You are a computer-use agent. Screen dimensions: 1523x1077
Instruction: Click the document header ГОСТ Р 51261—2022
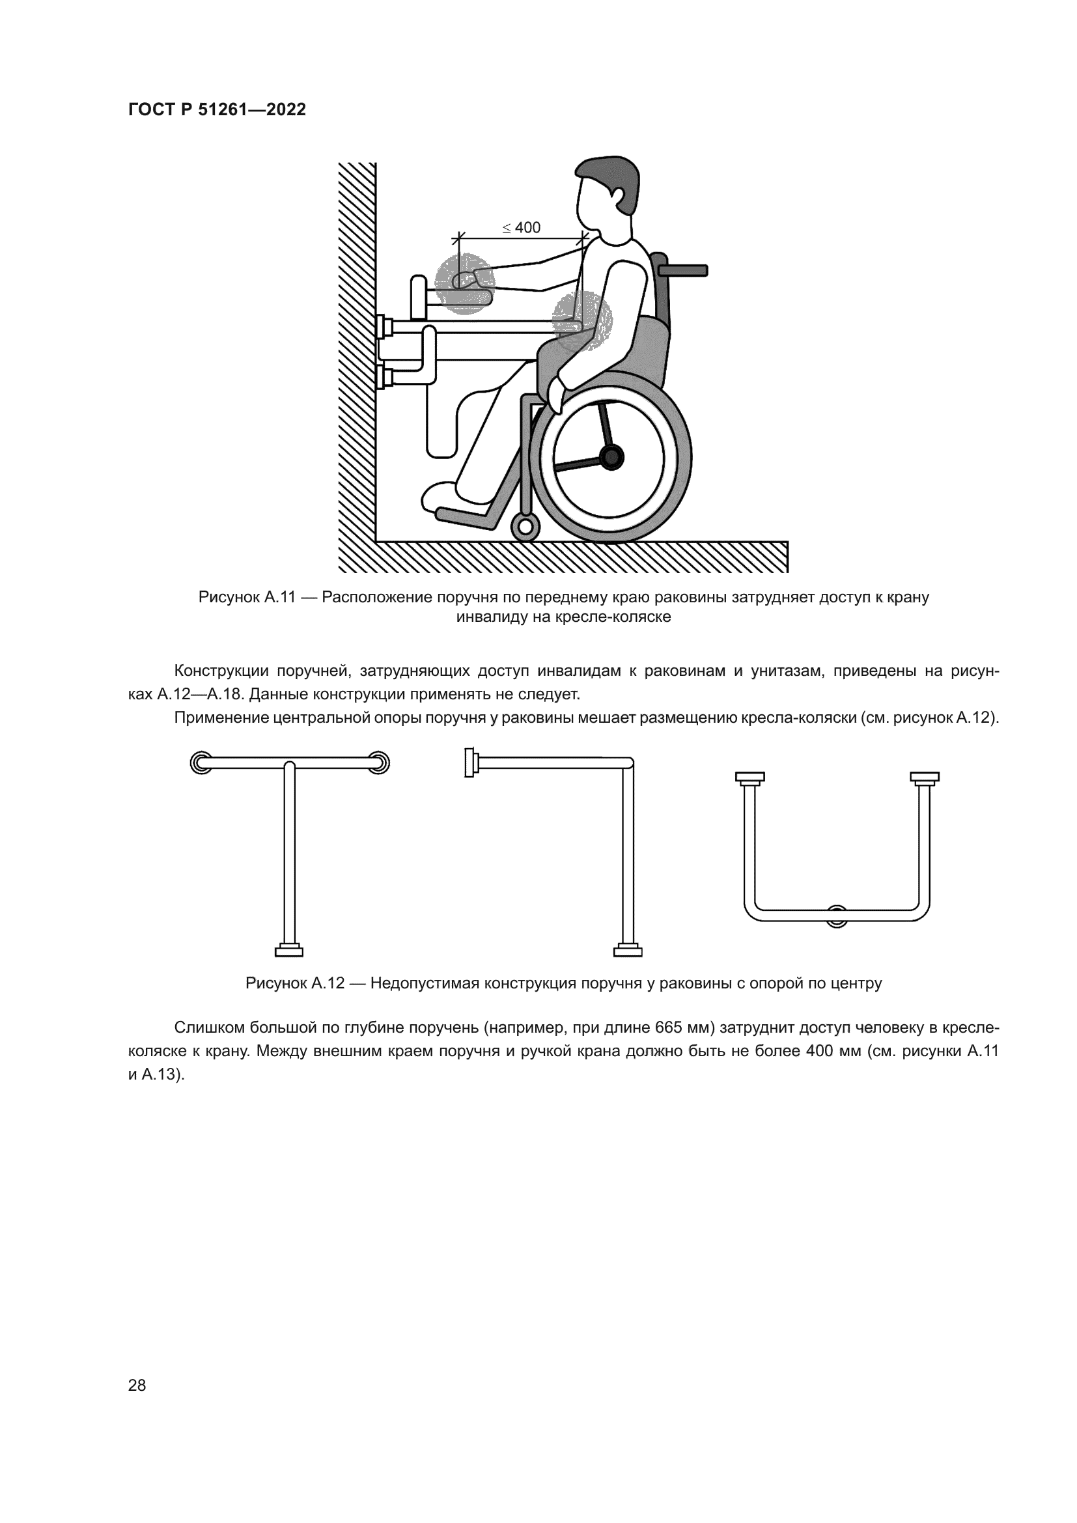(x=217, y=109)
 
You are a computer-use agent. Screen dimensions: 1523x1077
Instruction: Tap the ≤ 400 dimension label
(x=522, y=227)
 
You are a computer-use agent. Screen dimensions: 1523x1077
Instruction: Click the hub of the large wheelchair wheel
(x=611, y=456)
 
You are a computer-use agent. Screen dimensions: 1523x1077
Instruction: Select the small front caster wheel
(x=525, y=527)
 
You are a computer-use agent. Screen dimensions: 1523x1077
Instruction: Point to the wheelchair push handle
(x=682, y=270)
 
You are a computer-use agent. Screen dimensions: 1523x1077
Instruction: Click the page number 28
(x=137, y=1385)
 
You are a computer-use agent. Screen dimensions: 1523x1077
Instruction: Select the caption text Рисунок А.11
(x=247, y=597)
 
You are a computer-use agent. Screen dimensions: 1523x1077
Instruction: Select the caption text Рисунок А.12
(x=294, y=983)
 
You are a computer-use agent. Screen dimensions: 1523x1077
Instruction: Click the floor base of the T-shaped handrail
(x=289, y=951)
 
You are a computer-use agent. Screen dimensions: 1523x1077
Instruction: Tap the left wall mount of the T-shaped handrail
(x=201, y=763)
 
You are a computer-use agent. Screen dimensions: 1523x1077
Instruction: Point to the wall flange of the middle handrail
(x=469, y=763)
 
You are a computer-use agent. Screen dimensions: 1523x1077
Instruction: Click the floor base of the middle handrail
(x=627, y=951)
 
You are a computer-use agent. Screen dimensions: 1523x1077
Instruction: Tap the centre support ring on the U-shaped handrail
(x=837, y=915)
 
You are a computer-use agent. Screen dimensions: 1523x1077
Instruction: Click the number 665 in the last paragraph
(x=669, y=1028)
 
